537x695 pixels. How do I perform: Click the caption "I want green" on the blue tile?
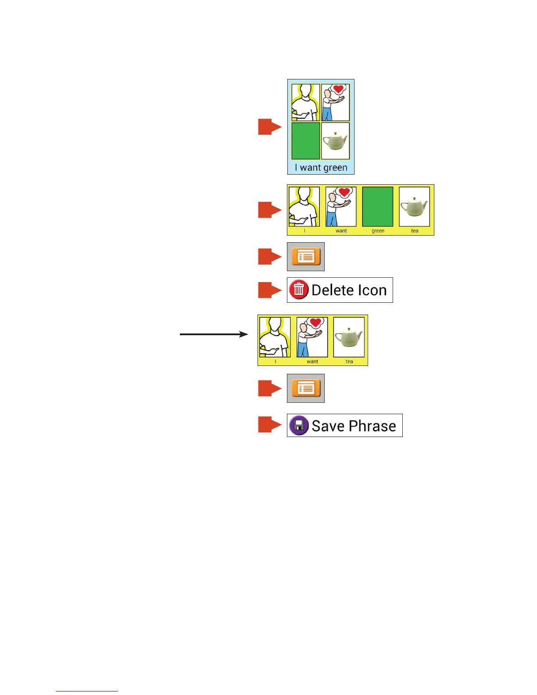tap(321, 168)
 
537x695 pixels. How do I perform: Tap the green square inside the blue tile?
tap(305, 141)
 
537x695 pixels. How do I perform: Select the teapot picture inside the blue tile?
tap(335, 141)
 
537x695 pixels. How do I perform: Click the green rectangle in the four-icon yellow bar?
tap(378, 207)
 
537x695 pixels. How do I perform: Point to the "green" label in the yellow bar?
tap(378, 231)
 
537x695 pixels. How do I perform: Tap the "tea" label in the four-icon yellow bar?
tap(415, 231)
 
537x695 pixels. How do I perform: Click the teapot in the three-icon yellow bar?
tap(349, 337)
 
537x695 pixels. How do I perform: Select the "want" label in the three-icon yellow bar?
tap(312, 362)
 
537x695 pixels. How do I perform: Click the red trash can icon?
tap(299, 290)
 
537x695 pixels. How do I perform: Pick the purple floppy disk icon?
tap(299, 425)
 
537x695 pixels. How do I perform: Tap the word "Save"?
tap(328, 426)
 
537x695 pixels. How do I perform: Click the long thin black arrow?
tap(214, 334)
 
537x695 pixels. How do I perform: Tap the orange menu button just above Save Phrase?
tap(306, 388)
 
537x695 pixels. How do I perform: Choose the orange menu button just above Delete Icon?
tap(306, 257)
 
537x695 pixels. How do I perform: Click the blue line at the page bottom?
tap(87, 691)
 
